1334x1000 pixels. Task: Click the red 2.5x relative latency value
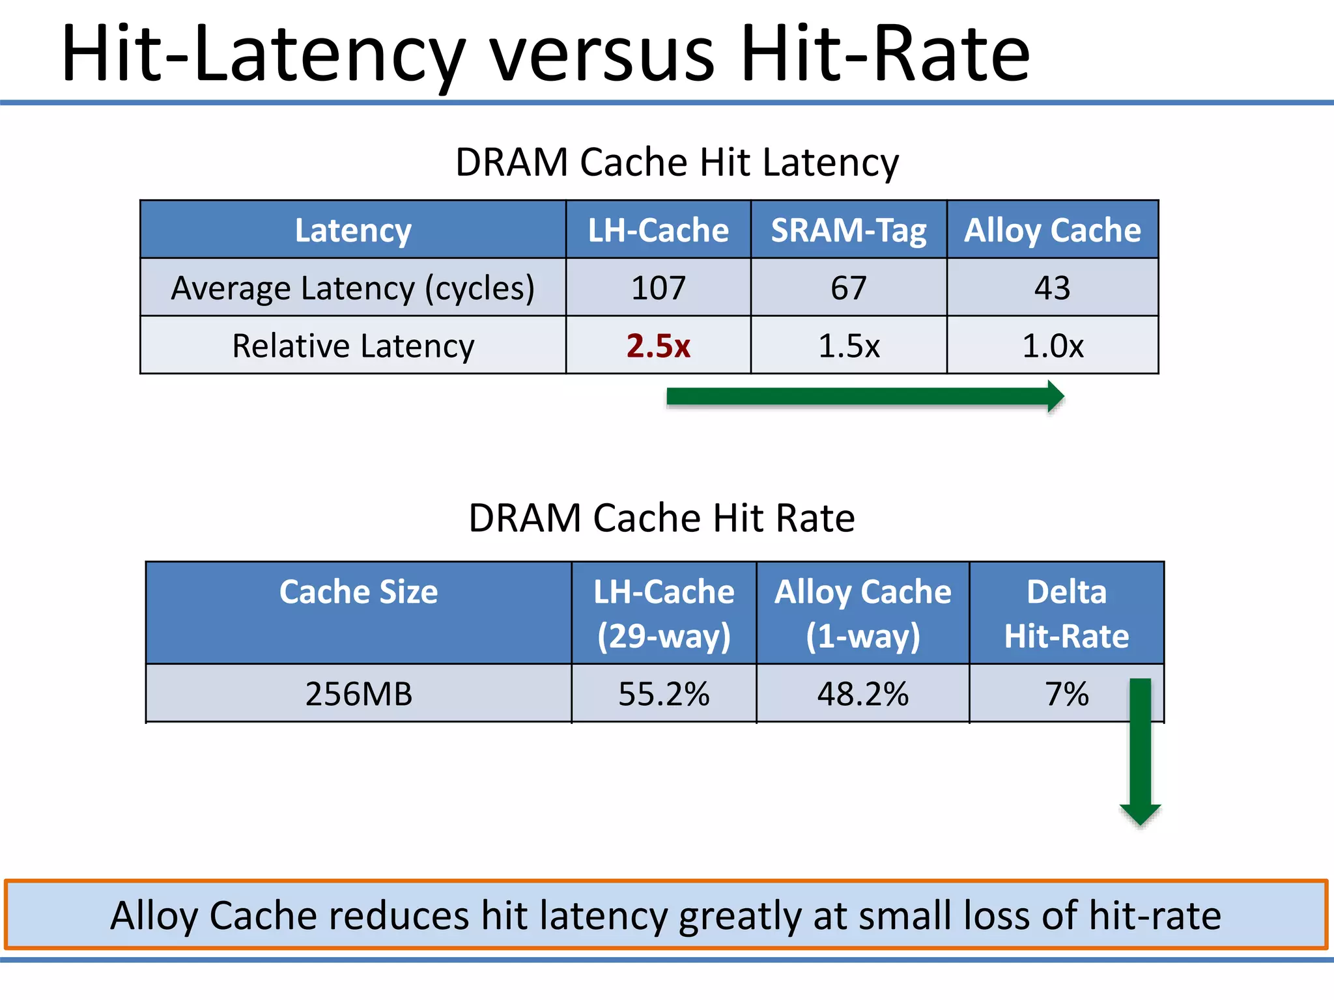(x=658, y=346)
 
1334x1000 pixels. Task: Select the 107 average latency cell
(x=658, y=288)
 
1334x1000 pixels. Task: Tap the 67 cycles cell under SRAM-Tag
(x=848, y=288)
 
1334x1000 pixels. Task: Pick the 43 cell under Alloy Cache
(x=1052, y=288)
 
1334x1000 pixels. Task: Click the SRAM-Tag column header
(x=848, y=230)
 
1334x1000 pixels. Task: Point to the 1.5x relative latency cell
(x=848, y=346)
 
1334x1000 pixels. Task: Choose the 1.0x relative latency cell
(x=1052, y=346)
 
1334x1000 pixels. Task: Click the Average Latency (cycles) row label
(x=352, y=288)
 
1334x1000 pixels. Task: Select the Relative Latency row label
(x=352, y=346)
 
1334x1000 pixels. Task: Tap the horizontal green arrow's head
(x=1055, y=396)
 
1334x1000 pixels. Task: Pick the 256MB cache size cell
(x=358, y=694)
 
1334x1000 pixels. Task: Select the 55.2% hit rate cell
(x=663, y=694)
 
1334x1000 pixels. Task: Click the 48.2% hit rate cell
(x=862, y=694)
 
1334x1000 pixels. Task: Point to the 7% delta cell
(x=1066, y=694)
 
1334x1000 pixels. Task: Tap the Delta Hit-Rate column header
(x=1066, y=613)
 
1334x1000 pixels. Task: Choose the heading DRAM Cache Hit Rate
(x=661, y=518)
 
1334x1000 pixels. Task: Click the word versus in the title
(x=603, y=55)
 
